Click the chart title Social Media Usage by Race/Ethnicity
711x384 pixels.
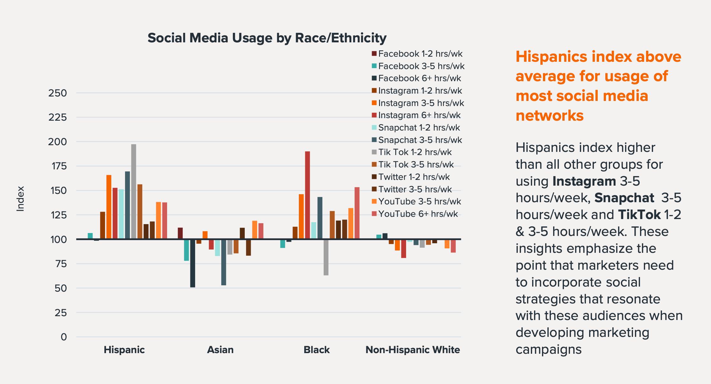point(267,38)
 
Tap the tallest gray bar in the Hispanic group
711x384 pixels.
point(133,191)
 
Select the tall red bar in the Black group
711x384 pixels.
point(307,195)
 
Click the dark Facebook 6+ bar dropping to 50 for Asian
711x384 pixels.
point(193,263)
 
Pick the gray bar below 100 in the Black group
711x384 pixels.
point(326,257)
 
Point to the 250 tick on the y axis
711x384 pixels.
point(58,93)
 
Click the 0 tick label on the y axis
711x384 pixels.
point(64,337)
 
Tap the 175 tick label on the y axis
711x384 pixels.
point(58,166)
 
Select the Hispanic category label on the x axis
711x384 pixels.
point(124,350)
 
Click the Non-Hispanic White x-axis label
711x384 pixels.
point(412,350)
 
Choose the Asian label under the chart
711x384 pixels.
point(220,350)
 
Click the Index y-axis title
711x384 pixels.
point(20,198)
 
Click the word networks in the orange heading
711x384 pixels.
point(549,116)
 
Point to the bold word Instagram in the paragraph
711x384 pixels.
point(584,181)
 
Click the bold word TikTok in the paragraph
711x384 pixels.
point(639,215)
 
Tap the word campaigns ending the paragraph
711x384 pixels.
point(548,349)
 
